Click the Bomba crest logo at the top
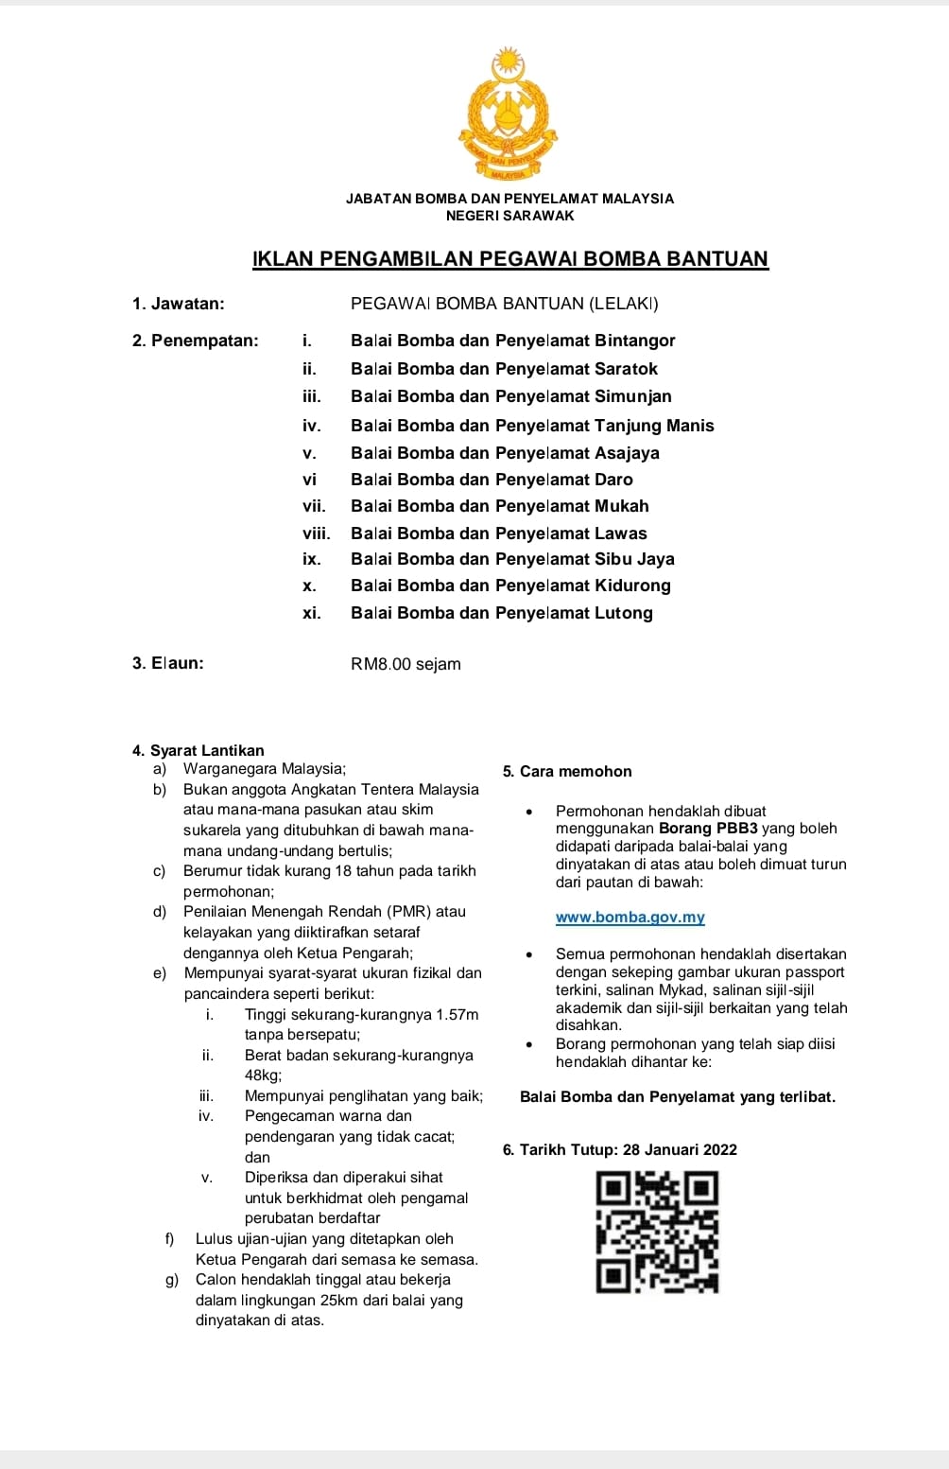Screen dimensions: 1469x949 508,115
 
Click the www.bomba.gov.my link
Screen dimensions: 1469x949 630,918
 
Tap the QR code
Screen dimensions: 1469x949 657,1232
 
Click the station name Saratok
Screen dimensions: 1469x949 626,369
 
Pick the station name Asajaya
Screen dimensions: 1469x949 627,453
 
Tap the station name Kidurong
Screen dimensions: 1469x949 632,586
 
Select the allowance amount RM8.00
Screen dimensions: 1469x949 381,664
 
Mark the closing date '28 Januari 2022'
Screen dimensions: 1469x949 680,1150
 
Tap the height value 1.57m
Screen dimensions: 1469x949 457,1015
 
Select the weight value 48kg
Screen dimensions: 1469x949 263,1076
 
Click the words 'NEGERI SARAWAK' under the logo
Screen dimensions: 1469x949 509,216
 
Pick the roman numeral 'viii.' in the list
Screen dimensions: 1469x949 316,533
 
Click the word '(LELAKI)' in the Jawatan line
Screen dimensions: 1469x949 624,304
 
